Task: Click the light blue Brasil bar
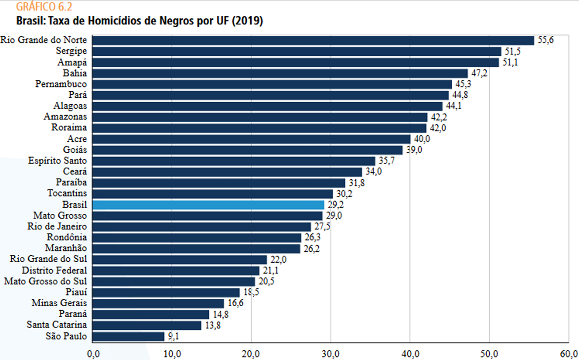[x=208, y=205]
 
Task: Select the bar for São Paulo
[x=128, y=336]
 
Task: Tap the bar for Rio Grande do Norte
[x=313, y=40]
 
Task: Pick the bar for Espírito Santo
[x=234, y=161]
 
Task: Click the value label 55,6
[x=545, y=40]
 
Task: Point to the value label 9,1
[x=173, y=336]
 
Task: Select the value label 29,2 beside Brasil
[x=335, y=204]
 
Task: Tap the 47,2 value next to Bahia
[x=479, y=73]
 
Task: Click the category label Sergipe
[x=71, y=51]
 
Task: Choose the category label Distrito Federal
[x=54, y=270]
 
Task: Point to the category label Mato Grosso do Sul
[x=45, y=281]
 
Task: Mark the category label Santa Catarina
[x=57, y=324]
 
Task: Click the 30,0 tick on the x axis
[x=331, y=354]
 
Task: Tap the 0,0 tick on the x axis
[x=93, y=354]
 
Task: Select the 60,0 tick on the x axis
[x=569, y=354]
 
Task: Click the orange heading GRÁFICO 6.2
[x=44, y=6]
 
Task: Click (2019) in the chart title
[x=247, y=21]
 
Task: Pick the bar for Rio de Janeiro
[x=202, y=227]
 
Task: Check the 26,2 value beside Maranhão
[x=311, y=248]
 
